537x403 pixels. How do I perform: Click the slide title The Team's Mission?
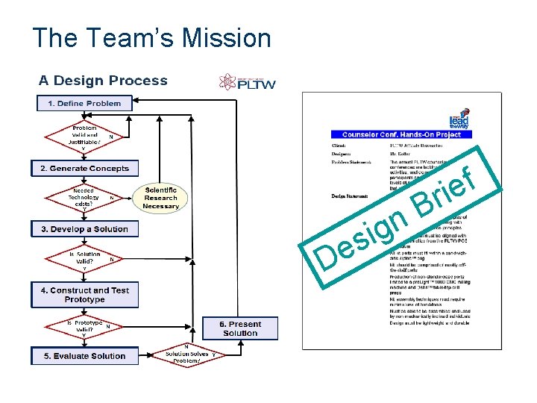point(152,37)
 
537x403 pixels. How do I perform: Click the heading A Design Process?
point(103,81)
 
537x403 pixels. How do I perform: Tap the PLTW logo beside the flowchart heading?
point(248,82)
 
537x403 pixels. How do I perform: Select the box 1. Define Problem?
point(84,103)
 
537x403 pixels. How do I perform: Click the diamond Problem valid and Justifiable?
point(84,136)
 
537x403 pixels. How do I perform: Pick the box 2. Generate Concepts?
point(84,169)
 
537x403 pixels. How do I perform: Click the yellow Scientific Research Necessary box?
point(160,198)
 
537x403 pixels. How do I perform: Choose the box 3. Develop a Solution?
point(84,229)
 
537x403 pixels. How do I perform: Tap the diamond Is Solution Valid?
point(84,258)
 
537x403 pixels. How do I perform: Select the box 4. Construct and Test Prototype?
point(84,295)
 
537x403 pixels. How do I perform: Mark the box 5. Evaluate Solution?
point(84,356)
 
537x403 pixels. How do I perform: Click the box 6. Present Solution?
point(240,328)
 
